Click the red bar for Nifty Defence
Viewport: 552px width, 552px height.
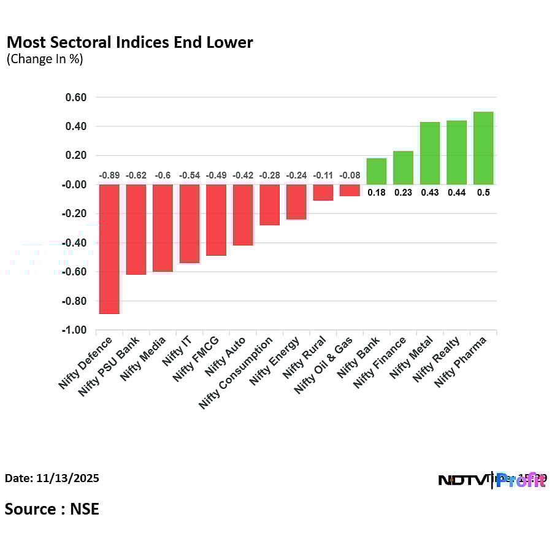pyautogui.click(x=109, y=249)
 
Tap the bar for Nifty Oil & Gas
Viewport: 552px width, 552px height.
pyautogui.click(x=350, y=190)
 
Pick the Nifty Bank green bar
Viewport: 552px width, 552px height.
pyautogui.click(x=377, y=172)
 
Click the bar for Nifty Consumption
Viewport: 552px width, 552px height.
pyautogui.click(x=269, y=205)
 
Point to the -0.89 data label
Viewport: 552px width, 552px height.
pyautogui.click(x=109, y=175)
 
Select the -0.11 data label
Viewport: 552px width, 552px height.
pyautogui.click(x=323, y=175)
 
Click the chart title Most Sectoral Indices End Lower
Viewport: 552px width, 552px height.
pyautogui.click(x=129, y=42)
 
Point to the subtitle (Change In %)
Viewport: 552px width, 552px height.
pyautogui.click(x=45, y=59)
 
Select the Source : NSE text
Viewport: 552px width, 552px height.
pyautogui.click(x=52, y=508)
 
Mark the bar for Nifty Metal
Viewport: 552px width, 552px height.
pyautogui.click(x=430, y=153)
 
